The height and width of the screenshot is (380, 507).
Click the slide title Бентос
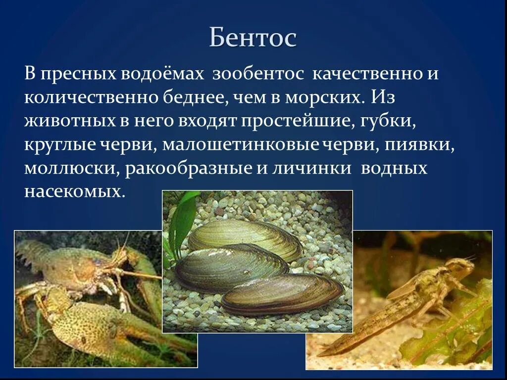pos(253,38)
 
